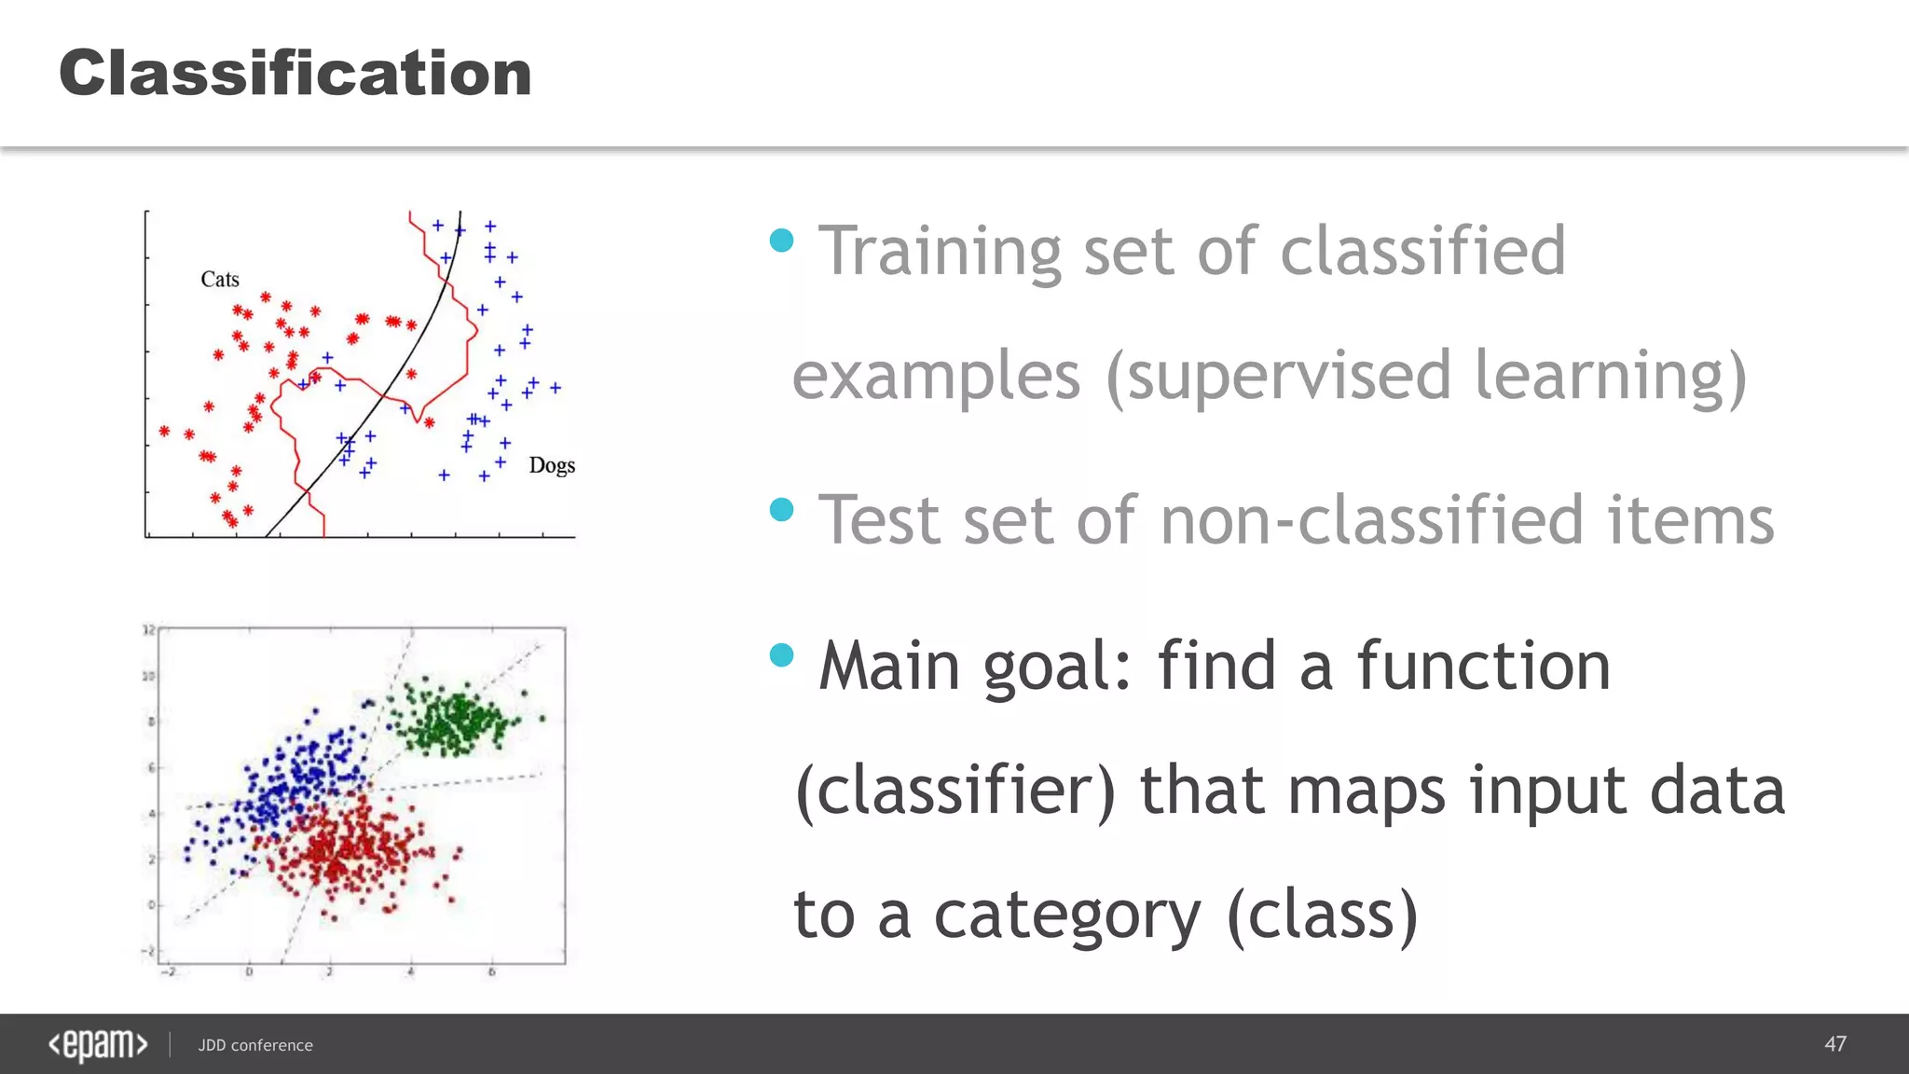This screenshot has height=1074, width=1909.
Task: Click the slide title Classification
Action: (x=295, y=73)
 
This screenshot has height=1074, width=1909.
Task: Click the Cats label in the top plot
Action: (x=220, y=279)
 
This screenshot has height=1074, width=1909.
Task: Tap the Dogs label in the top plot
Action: (x=552, y=464)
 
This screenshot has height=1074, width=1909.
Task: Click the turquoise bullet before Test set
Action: (x=781, y=510)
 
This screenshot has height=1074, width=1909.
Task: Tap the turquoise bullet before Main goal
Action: (x=781, y=655)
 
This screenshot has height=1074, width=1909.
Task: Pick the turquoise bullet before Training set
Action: (x=781, y=241)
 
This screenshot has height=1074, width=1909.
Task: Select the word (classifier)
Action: (x=955, y=791)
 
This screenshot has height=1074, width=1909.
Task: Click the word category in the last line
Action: (x=1067, y=916)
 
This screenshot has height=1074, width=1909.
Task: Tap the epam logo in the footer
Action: (x=98, y=1044)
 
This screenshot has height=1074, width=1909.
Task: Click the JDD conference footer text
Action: (x=255, y=1045)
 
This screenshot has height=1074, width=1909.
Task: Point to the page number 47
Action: (x=1834, y=1044)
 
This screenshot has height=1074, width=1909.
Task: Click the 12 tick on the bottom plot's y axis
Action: (x=148, y=630)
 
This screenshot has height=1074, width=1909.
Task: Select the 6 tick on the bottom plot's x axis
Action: (x=492, y=972)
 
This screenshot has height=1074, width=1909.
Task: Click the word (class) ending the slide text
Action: (x=1323, y=916)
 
